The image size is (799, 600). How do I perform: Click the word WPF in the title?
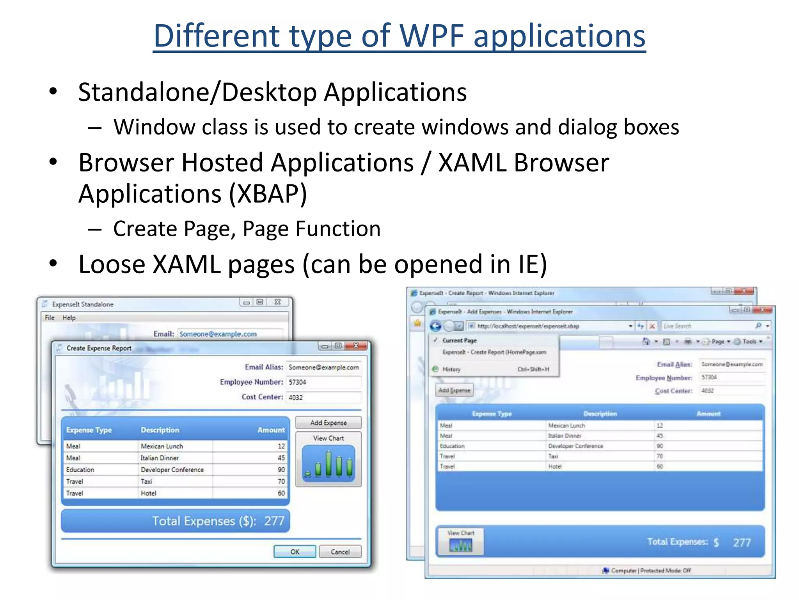[x=432, y=36]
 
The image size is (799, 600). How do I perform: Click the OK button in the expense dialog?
[x=295, y=552]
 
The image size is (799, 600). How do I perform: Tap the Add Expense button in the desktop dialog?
[x=328, y=423]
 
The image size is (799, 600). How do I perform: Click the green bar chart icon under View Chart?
[x=328, y=464]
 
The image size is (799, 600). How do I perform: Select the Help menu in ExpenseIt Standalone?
[x=69, y=318]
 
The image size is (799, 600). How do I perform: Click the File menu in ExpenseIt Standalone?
[x=50, y=318]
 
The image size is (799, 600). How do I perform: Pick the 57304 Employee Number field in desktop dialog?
[x=323, y=382]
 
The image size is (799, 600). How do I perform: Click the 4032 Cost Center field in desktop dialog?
[x=323, y=397]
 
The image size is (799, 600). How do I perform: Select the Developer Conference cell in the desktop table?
[x=172, y=470]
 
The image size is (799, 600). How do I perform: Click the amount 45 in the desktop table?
[x=281, y=458]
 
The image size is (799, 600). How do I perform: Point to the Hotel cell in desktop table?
[x=149, y=493]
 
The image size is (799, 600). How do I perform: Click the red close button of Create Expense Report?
[x=356, y=346]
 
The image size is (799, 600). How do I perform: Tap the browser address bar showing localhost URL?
[x=546, y=326]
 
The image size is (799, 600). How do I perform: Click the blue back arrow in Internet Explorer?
[x=436, y=326]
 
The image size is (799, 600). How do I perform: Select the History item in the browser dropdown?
[x=451, y=369]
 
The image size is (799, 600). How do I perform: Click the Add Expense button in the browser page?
[x=454, y=390]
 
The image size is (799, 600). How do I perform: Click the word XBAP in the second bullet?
[x=268, y=194]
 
